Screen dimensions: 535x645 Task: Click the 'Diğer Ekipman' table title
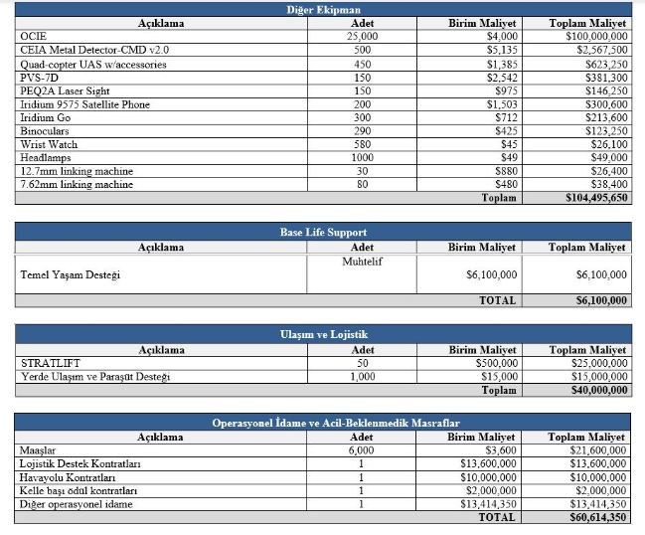323,10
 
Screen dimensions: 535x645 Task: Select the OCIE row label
33,36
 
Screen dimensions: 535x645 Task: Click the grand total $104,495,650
590,198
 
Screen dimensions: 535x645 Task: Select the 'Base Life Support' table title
323,233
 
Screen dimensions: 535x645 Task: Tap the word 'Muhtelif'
363,261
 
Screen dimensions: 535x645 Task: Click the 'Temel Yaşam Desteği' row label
70,274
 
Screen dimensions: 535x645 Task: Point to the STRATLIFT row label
49,364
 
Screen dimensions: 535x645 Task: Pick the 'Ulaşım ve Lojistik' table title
323,335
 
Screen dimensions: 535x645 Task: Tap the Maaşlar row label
39,450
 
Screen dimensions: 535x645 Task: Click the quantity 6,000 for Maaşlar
363,450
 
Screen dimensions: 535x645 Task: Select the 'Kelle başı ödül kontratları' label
79,490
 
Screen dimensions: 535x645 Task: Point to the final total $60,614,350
593,517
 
